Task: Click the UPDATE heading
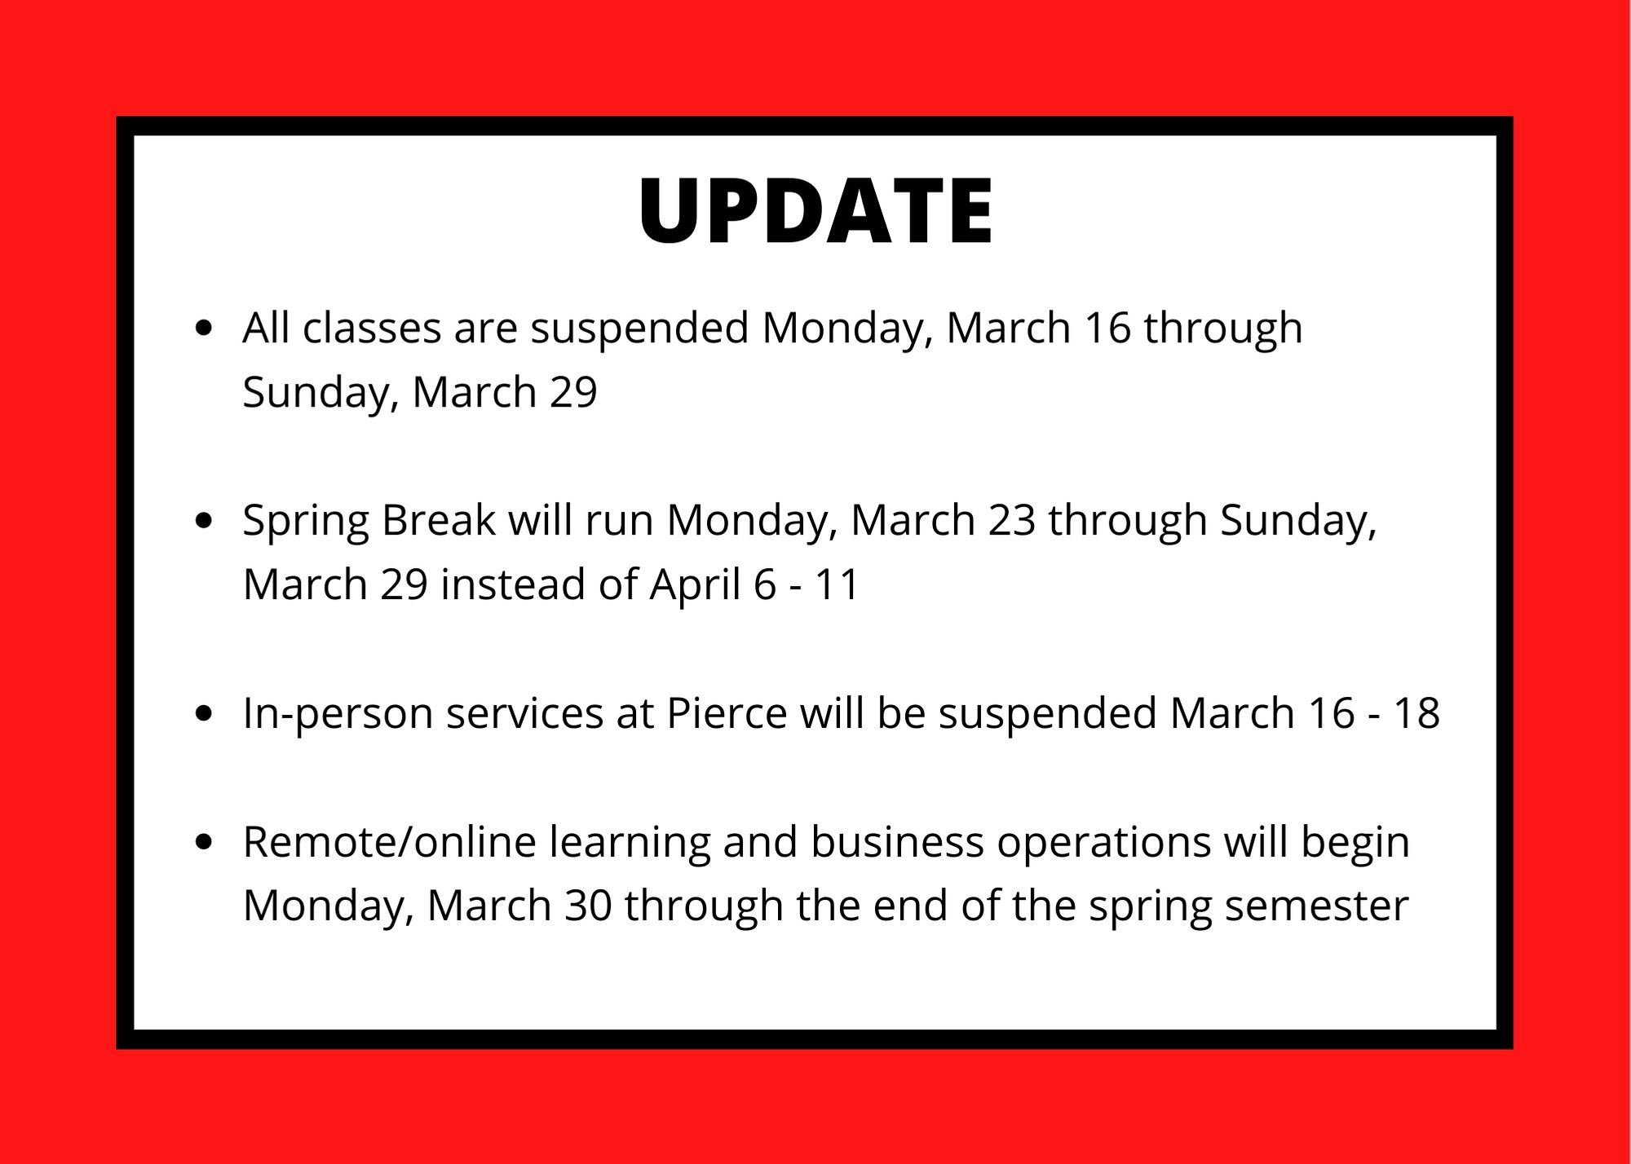pyautogui.click(x=815, y=210)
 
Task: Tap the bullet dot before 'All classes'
pyautogui.click(x=205, y=328)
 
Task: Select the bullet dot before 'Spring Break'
pyautogui.click(x=205, y=521)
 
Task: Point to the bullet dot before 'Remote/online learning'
pyautogui.click(x=205, y=842)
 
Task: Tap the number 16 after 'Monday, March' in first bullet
pyautogui.click(x=1107, y=328)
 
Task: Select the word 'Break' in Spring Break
pyautogui.click(x=439, y=520)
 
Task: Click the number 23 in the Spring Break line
pyautogui.click(x=1012, y=521)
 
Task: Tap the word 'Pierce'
pyautogui.click(x=727, y=714)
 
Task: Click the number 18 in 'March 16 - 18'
pyautogui.click(x=1417, y=714)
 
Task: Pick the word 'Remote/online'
pyautogui.click(x=390, y=842)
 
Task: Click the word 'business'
pyautogui.click(x=897, y=842)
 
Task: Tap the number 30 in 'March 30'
pyautogui.click(x=588, y=906)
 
